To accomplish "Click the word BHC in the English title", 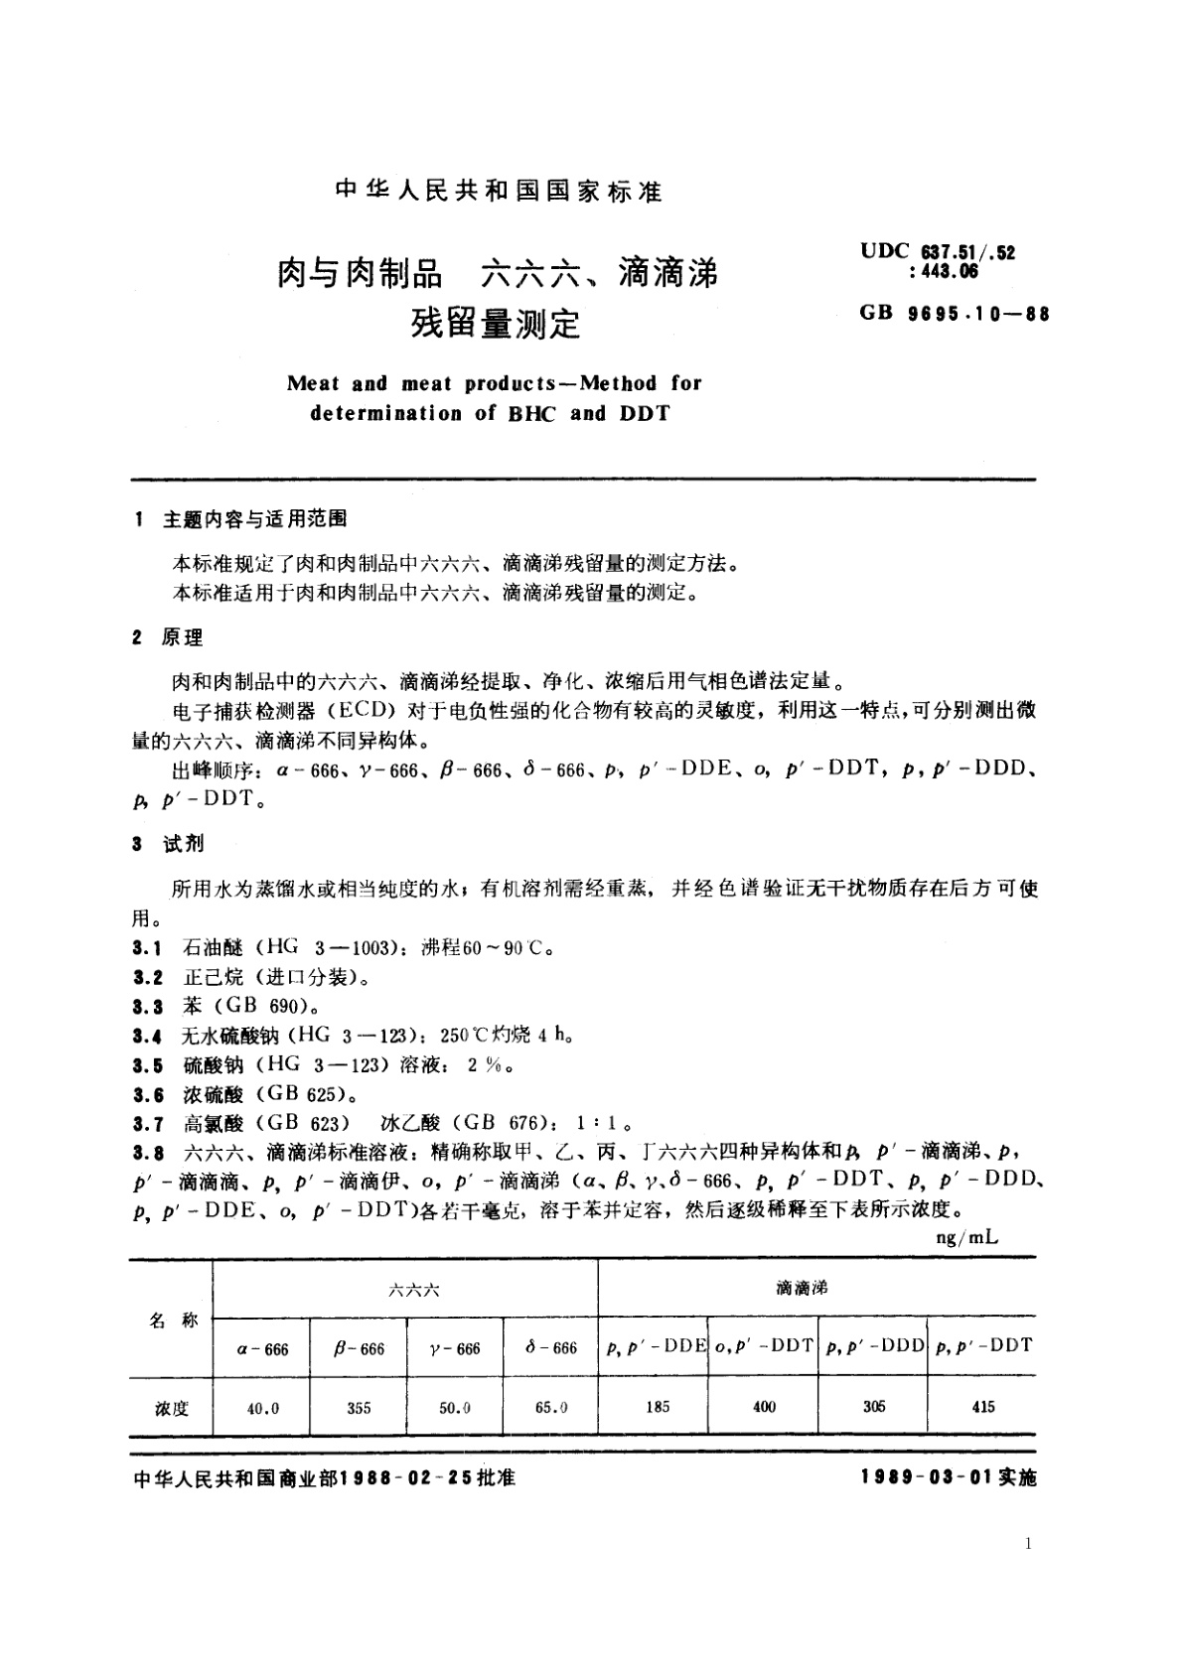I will coord(534,413).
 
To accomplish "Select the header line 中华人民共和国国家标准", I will coord(499,192).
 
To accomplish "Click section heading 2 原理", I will coord(168,638).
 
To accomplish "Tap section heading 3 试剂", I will coord(168,843).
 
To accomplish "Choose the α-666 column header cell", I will coord(262,1348).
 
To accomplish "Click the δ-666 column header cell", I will coord(550,1347).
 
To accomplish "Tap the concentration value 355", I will coord(359,1407).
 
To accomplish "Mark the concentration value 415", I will coord(981,1406).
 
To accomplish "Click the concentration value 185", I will coord(657,1406).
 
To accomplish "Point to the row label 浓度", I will coord(171,1408).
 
